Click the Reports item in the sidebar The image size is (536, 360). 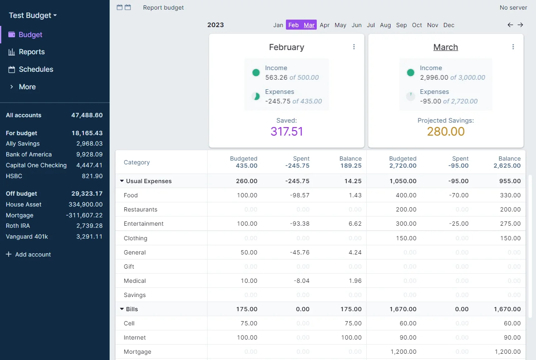click(31, 52)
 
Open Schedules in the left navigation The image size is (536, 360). click(36, 70)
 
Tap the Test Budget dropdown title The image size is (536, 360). click(33, 15)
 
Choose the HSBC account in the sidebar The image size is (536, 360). click(14, 176)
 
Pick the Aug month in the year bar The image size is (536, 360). click(385, 25)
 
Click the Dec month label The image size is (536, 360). click(448, 25)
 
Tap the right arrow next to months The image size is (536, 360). click(520, 25)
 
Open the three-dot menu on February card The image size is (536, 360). click(354, 47)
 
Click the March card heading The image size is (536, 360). click(446, 47)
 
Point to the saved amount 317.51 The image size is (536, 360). click(287, 131)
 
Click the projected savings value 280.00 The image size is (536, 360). click(446, 131)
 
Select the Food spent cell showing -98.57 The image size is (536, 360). click(300, 195)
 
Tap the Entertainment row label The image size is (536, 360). click(143, 224)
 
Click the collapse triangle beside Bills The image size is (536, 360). click(122, 309)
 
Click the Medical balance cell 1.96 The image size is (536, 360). click(355, 281)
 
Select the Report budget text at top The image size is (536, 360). click(163, 8)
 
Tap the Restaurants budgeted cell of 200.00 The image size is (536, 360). click(406, 209)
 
